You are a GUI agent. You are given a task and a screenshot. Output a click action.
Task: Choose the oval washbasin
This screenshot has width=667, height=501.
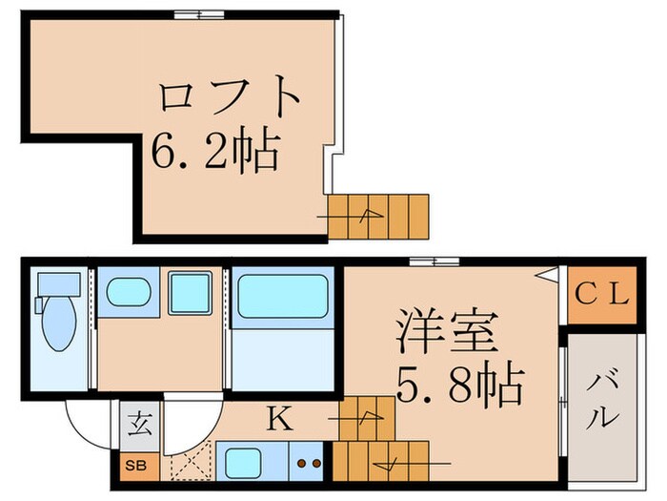click(128, 292)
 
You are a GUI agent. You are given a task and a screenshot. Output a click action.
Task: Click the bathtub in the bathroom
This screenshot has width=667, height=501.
click(282, 296)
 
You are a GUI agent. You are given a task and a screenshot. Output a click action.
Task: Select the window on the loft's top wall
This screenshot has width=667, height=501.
click(199, 13)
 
